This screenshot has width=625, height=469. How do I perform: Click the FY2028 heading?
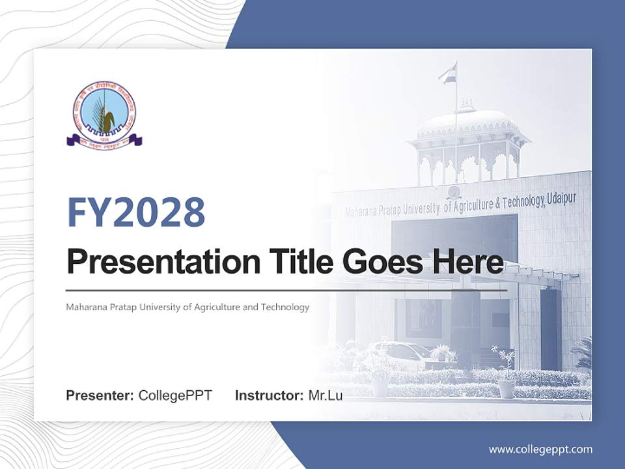click(x=136, y=212)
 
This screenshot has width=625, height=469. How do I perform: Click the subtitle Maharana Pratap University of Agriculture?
click(x=187, y=307)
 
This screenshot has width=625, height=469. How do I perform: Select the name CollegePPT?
click(x=175, y=395)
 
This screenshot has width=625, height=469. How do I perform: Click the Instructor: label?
click(x=269, y=395)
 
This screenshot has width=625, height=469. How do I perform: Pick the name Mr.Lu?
click(x=325, y=395)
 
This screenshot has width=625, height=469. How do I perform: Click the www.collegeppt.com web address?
click(x=540, y=449)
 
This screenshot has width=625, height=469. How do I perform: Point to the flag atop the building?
click(x=447, y=73)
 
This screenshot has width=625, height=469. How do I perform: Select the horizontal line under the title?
click(x=286, y=290)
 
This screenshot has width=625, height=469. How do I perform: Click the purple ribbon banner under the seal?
click(x=104, y=139)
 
